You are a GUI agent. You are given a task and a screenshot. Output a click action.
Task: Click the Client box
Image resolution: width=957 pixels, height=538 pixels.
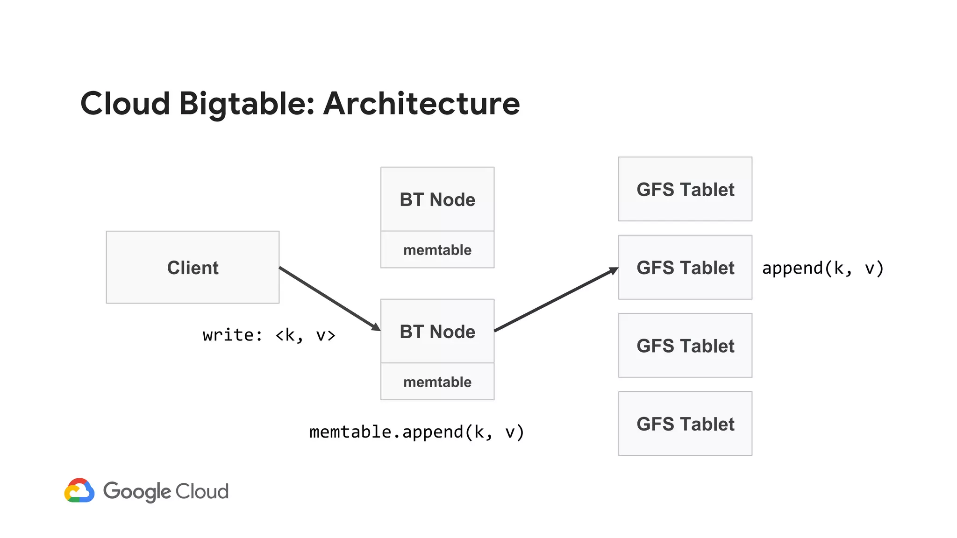pos(193,267)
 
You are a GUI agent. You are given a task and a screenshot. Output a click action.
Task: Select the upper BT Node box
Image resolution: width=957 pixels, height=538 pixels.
pos(437,199)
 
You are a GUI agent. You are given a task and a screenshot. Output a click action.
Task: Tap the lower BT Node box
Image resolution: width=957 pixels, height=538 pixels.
pos(437,331)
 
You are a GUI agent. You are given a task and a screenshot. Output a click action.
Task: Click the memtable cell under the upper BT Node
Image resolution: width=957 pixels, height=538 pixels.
pos(437,250)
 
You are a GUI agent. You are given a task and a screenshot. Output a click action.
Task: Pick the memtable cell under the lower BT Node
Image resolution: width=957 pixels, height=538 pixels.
pos(437,382)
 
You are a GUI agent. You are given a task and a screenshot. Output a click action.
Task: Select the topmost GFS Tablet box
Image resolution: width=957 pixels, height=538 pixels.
pos(685,189)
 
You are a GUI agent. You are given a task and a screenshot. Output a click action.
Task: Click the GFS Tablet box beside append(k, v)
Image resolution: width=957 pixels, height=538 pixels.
pos(685,267)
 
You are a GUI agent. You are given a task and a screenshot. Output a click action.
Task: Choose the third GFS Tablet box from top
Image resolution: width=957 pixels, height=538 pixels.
pos(685,346)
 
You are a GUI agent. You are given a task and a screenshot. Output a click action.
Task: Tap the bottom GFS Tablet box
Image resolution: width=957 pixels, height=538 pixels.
pos(685,424)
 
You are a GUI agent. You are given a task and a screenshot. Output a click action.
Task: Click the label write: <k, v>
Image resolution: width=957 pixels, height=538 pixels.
pos(269,335)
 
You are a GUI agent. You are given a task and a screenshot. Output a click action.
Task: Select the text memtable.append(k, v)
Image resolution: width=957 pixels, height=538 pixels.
pos(416,432)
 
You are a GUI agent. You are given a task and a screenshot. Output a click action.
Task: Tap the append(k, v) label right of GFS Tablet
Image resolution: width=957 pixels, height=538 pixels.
pos(822,268)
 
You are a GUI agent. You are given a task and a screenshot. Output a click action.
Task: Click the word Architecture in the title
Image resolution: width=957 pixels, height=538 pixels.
pos(421,104)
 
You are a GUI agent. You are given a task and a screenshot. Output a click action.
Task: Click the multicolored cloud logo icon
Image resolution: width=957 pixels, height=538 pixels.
pos(79,490)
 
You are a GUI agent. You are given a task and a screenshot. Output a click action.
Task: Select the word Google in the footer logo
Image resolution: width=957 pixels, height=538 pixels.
pos(137,491)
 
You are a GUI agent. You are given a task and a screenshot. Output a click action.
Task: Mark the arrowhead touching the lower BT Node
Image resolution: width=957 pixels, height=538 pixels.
pos(376,327)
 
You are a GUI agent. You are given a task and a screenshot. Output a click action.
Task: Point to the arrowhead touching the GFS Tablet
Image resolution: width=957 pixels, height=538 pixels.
pos(614,270)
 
